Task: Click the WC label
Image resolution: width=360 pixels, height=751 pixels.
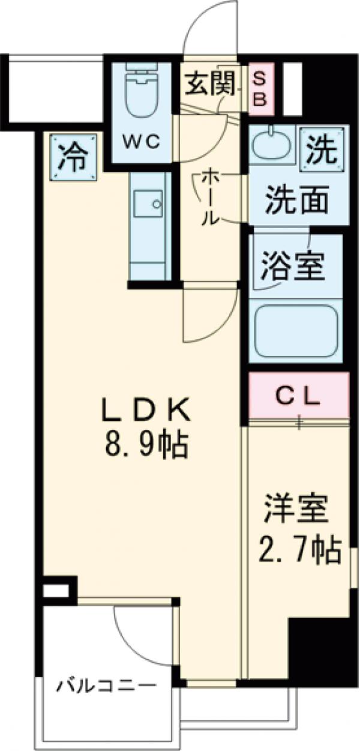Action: click(142, 142)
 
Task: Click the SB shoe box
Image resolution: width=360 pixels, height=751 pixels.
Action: click(259, 89)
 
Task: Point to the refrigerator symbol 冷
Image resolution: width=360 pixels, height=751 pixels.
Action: click(73, 158)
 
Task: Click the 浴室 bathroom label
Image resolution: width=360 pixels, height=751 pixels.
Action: click(292, 267)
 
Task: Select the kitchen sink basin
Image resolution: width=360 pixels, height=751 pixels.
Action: click(147, 204)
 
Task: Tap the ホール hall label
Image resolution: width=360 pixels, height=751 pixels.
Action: click(209, 196)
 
